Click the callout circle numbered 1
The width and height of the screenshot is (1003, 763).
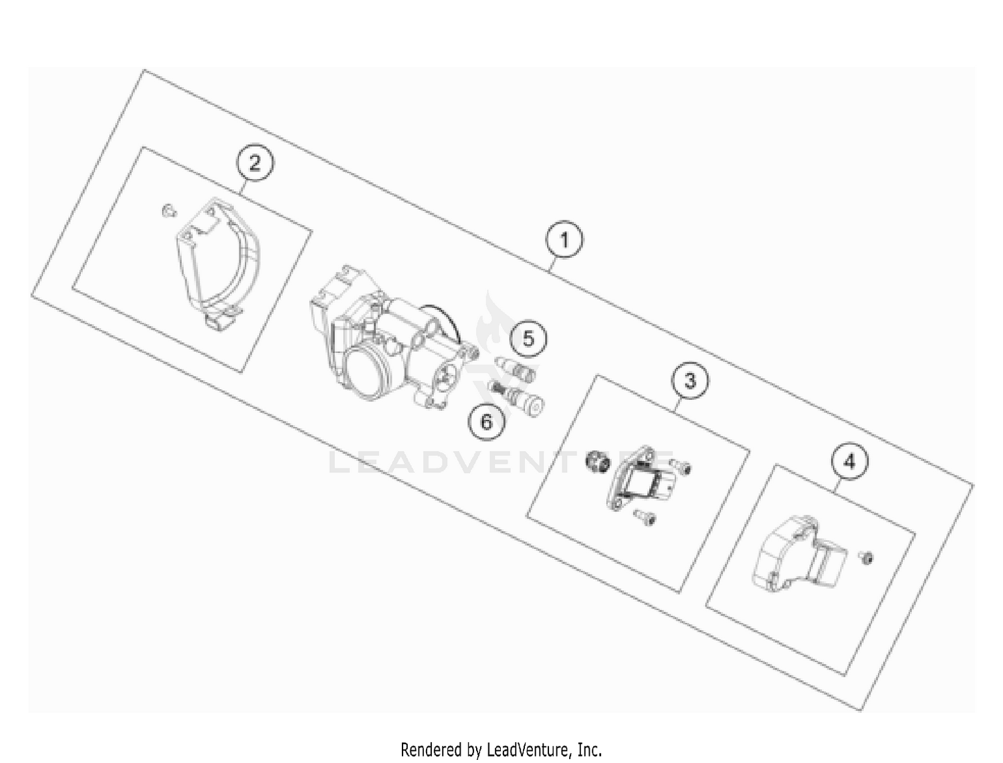coord(564,240)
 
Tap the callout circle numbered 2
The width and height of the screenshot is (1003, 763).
coord(255,163)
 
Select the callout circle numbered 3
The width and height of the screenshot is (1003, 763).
coord(689,381)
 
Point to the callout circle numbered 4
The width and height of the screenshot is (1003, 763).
coord(849,462)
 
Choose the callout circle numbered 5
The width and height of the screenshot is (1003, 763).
coord(528,339)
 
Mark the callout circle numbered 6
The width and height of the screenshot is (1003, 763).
coord(486,422)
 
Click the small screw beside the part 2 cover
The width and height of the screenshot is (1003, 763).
coord(168,210)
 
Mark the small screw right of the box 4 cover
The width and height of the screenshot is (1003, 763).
coord(867,557)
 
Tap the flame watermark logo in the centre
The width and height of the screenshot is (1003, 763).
coord(495,327)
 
